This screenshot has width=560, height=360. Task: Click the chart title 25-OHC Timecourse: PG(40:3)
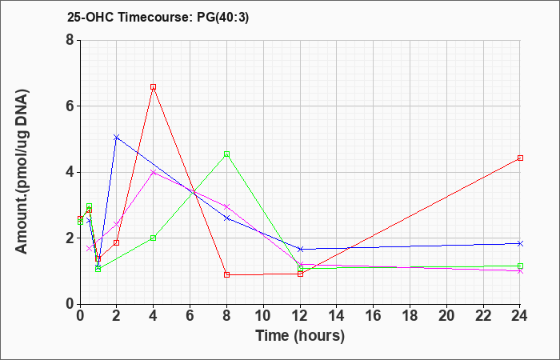pyautogui.click(x=158, y=17)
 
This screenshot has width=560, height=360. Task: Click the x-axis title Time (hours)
pyautogui.click(x=300, y=336)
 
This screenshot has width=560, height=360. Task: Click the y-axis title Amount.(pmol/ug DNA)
pyautogui.click(x=22, y=172)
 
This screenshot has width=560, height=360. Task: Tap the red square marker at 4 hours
pyautogui.click(x=154, y=86)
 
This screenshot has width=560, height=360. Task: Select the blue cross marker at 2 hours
pyautogui.click(x=117, y=137)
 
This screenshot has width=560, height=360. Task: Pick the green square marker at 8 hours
pyautogui.click(x=226, y=154)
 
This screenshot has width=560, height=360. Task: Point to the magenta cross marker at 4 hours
pyautogui.click(x=154, y=172)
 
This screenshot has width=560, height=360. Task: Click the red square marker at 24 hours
pyautogui.click(x=520, y=158)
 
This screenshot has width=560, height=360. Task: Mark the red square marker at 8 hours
pyautogui.click(x=226, y=274)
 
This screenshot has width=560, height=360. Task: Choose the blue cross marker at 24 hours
pyautogui.click(x=520, y=243)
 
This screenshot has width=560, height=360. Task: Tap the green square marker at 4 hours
pyautogui.click(x=154, y=238)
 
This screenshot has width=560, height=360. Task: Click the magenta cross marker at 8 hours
pyautogui.click(x=226, y=206)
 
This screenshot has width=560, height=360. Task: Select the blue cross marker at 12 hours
pyautogui.click(x=300, y=249)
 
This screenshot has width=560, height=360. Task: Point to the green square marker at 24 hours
pyautogui.click(x=520, y=266)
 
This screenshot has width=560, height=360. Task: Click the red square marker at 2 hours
pyautogui.click(x=117, y=243)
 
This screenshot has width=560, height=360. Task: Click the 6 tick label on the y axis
pyautogui.click(x=70, y=106)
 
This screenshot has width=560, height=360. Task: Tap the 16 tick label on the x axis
pyautogui.click(x=374, y=316)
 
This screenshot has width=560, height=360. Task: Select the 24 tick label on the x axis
pyautogui.click(x=519, y=316)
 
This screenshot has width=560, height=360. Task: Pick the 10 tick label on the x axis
pyautogui.click(x=263, y=316)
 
